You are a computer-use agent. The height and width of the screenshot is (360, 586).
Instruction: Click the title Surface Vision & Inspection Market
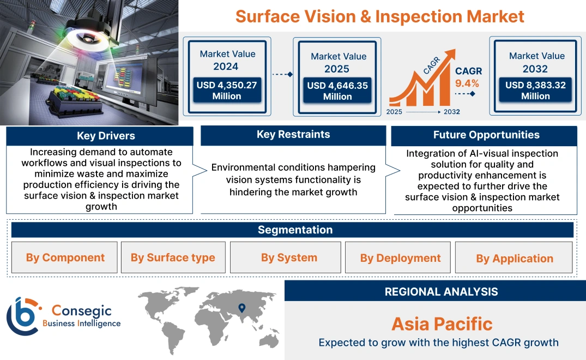click(x=379, y=16)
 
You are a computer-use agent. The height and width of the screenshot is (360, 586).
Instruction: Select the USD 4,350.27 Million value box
click(x=226, y=90)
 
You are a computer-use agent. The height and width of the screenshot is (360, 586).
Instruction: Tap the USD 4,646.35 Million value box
click(x=337, y=91)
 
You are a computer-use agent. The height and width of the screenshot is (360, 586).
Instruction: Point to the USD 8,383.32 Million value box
click(x=535, y=90)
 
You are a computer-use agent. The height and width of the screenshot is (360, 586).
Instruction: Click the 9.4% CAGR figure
click(x=467, y=83)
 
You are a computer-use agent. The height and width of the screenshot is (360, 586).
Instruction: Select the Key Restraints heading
click(x=293, y=135)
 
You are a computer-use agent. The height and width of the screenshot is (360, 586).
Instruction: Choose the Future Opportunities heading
click(x=486, y=135)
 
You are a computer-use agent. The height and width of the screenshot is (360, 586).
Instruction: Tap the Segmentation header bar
click(x=295, y=230)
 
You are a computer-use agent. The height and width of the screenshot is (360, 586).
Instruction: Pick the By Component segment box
click(x=65, y=257)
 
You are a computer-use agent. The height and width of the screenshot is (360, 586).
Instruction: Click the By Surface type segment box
click(x=173, y=257)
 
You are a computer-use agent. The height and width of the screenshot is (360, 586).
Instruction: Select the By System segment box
click(x=289, y=257)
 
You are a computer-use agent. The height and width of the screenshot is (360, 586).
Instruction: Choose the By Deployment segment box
click(x=400, y=258)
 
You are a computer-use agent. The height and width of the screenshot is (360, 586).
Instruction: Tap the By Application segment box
click(x=514, y=258)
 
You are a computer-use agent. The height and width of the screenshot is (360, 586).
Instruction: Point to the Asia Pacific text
click(x=442, y=324)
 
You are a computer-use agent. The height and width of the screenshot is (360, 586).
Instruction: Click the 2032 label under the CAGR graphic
click(x=451, y=112)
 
